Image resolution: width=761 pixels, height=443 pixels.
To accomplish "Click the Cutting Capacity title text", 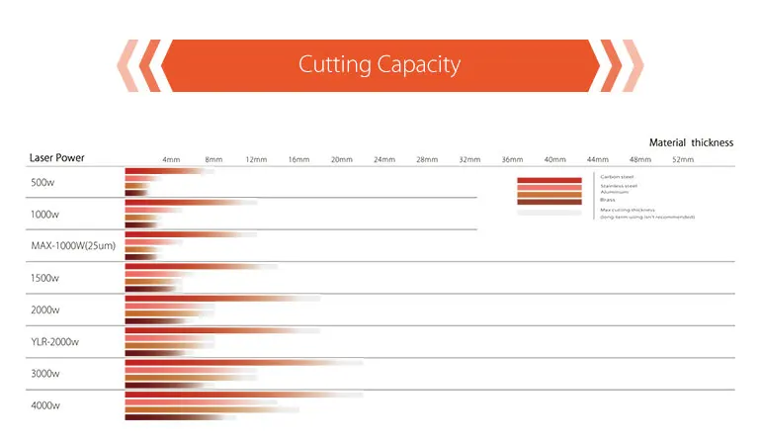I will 380,65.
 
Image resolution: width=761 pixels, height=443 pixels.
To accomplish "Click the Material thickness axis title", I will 691,142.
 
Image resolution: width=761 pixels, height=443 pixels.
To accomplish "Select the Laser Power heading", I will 56,158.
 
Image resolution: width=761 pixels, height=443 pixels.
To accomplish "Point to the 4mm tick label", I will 171,159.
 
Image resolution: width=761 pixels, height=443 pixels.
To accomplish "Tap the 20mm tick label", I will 341,159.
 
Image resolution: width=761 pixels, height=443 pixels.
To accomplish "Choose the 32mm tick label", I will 469,159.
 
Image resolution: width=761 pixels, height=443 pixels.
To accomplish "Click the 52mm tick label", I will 683,159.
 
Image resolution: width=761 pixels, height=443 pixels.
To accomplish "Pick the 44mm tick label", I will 598,159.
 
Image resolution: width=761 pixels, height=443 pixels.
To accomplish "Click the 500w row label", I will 43,182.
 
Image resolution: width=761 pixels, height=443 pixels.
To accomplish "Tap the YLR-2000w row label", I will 55,341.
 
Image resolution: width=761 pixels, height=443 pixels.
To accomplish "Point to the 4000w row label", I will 45,405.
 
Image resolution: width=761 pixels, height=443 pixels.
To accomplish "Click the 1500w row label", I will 45,278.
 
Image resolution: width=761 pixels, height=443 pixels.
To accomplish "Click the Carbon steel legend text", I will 618,177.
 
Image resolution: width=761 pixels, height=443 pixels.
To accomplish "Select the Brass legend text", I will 608,200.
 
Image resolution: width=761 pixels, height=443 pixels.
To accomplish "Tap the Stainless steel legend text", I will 619,185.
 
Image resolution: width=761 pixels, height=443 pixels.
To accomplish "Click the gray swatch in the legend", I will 550,212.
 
